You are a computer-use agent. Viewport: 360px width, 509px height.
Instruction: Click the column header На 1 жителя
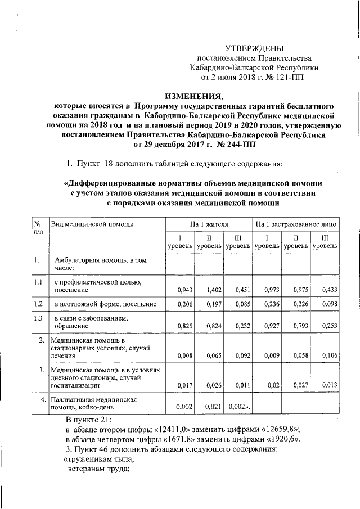209,224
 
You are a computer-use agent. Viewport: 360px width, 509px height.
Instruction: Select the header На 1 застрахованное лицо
296,224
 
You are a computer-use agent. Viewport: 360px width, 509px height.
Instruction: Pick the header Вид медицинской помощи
92,224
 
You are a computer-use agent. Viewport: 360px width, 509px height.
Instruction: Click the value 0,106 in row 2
329,355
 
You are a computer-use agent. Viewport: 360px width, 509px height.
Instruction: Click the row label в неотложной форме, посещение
105,304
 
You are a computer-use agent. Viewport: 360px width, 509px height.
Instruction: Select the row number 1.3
38,318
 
